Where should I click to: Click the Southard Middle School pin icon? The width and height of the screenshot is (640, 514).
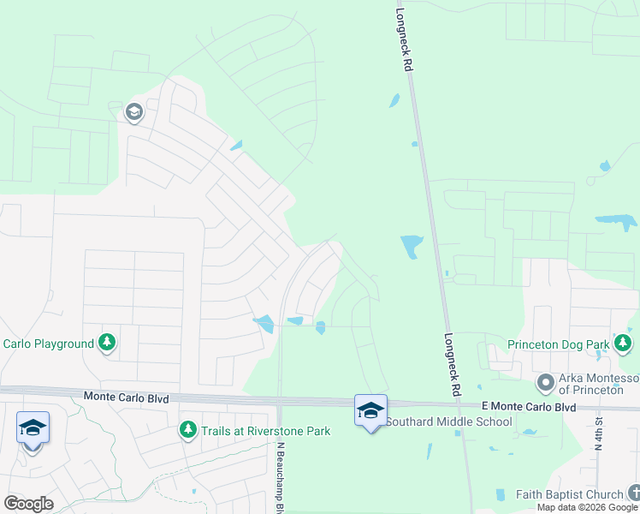370,410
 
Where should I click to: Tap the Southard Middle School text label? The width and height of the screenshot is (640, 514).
448,421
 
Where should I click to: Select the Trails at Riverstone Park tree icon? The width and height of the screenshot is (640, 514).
187,430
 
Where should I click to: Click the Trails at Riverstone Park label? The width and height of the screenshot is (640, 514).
266,431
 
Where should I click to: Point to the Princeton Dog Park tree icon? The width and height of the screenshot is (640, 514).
623,344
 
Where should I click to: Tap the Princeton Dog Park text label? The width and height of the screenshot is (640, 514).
558,344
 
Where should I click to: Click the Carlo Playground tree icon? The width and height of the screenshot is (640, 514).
107,344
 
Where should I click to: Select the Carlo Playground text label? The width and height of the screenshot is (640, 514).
48,344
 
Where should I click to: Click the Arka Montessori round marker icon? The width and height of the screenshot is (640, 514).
545,381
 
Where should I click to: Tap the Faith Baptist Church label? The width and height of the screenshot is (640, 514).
569,494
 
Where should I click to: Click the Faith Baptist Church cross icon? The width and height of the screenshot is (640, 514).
634,493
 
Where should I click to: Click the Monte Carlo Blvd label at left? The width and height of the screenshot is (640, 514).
126,397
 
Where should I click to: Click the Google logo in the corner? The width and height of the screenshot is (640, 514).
28,504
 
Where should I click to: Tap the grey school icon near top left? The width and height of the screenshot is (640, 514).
133,112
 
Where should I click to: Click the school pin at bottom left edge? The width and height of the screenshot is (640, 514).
33,427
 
